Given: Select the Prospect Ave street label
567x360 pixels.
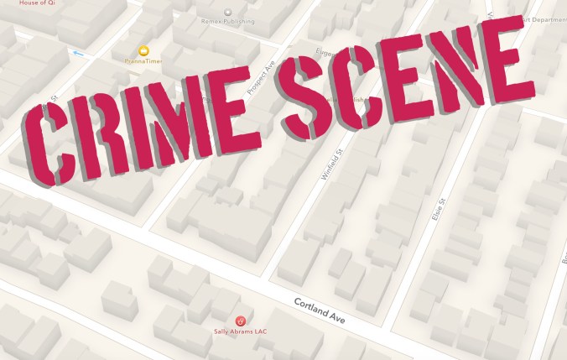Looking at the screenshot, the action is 263,77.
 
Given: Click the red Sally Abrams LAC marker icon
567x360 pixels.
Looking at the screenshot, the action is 241,321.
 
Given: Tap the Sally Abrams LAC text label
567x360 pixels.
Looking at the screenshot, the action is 241,333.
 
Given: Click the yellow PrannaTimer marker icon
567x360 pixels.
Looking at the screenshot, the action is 143,51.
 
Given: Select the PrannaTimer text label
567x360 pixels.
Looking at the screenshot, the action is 143,61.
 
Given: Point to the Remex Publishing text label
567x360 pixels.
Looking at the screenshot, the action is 228,23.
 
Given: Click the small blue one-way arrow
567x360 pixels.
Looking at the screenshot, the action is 80,54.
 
